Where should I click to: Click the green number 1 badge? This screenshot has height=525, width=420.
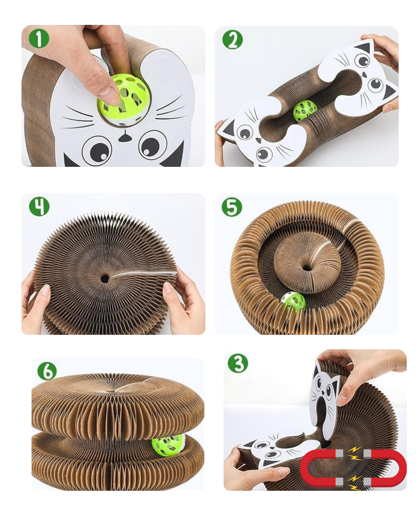39,38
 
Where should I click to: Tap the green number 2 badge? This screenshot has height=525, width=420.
232,40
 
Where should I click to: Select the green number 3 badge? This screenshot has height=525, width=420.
238,363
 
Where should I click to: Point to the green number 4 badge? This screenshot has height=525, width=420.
39,206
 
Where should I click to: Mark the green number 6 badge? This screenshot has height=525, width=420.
47,371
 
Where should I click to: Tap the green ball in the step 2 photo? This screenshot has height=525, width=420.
304,111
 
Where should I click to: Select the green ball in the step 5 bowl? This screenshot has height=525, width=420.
293,302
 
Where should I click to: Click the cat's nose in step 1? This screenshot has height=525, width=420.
124,137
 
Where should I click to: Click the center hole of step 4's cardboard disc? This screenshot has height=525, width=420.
105,278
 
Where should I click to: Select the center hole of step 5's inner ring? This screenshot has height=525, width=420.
307,267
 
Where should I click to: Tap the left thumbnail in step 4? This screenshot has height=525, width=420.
45,290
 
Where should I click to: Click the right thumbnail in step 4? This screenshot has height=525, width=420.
168,288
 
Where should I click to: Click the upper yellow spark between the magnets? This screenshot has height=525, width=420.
354,453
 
